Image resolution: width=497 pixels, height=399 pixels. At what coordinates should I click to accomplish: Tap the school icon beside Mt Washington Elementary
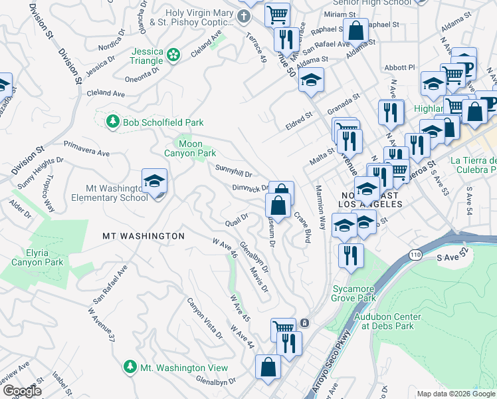(x=154, y=182)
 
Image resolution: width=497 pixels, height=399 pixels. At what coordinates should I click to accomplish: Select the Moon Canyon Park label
(x=191, y=148)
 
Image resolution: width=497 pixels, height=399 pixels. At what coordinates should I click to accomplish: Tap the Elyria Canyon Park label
(x=37, y=257)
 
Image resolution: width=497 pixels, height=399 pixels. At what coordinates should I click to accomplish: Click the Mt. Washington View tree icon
(x=130, y=367)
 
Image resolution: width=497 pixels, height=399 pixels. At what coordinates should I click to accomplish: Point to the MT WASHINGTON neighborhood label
(x=143, y=236)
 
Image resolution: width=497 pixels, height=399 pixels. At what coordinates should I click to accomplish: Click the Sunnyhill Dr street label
(x=234, y=172)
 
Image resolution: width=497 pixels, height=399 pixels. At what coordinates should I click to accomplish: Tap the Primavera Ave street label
(x=86, y=148)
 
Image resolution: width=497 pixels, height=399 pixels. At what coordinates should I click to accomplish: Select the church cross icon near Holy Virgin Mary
(x=245, y=17)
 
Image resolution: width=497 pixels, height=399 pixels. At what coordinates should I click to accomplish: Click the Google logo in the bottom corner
(x=23, y=391)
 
